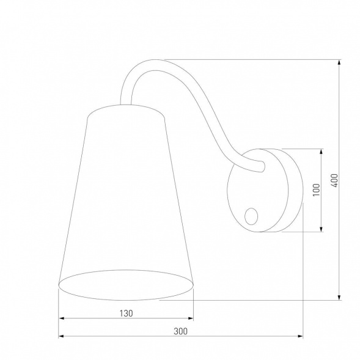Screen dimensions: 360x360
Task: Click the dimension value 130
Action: (x=126, y=312)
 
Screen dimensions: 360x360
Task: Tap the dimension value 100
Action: (x=315, y=190)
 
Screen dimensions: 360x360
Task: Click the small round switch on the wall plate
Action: (x=251, y=215)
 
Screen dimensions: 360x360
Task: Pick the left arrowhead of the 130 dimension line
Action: (x=61, y=318)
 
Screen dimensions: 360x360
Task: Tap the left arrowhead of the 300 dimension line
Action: (x=61, y=337)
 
